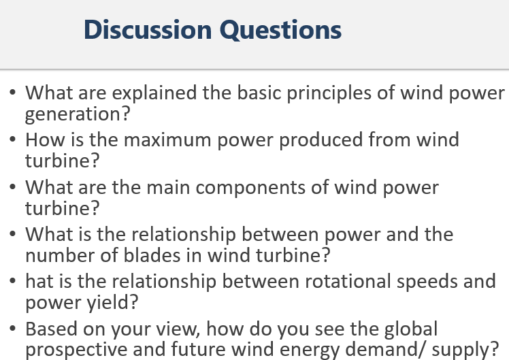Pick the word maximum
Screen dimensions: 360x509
169,140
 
